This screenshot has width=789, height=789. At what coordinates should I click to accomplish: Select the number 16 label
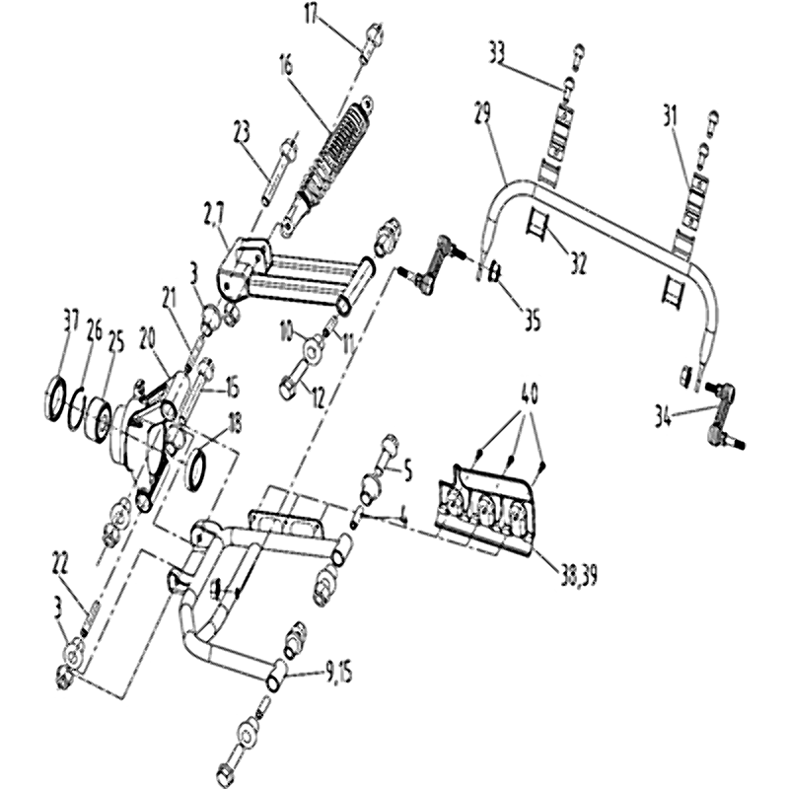click(x=286, y=67)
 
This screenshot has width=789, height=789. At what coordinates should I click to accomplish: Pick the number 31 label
click(x=671, y=115)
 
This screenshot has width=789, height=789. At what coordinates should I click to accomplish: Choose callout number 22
click(x=61, y=563)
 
